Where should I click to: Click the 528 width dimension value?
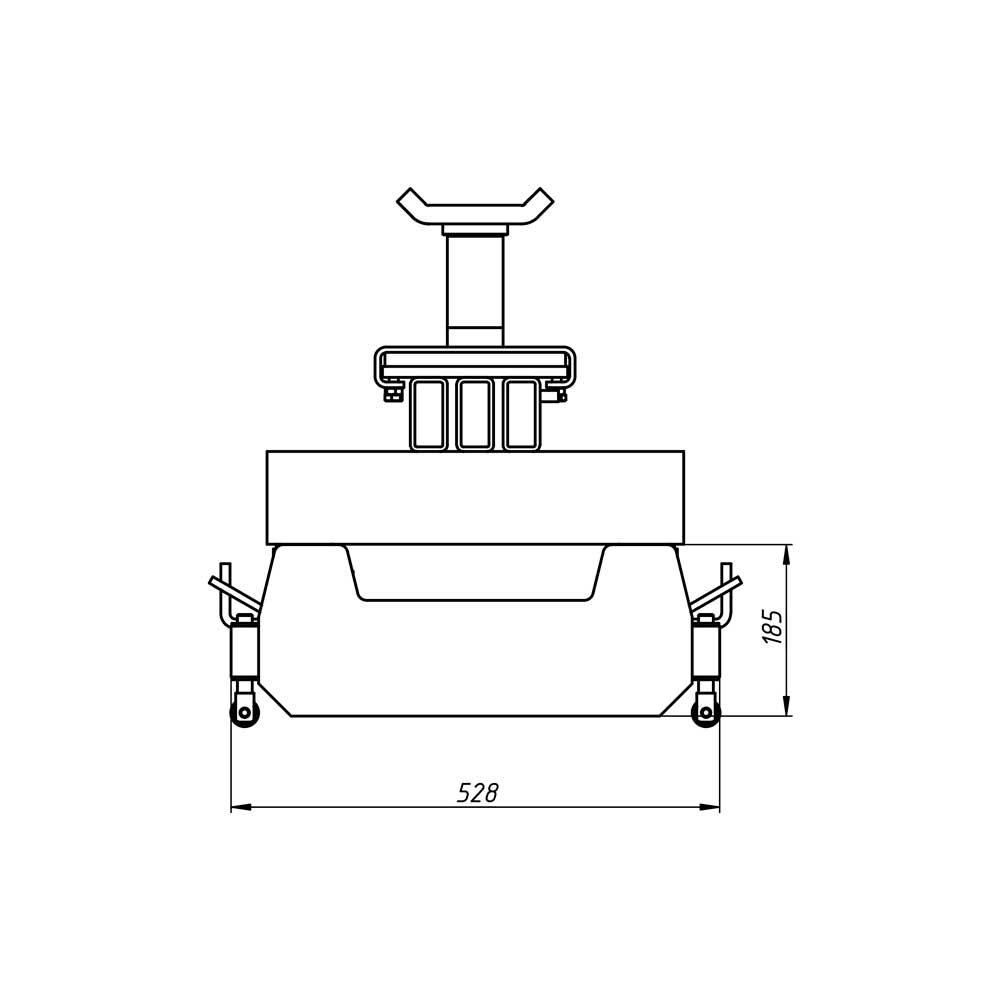[x=477, y=792]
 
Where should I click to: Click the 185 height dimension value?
[x=772, y=627]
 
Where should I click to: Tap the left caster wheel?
[x=244, y=712]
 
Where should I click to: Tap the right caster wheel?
[x=707, y=712]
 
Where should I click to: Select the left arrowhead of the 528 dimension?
[x=240, y=807]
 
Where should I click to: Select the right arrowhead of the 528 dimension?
[x=710, y=807]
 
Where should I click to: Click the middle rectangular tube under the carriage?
[x=475, y=414]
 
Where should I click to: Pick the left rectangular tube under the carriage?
[x=429, y=414]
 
